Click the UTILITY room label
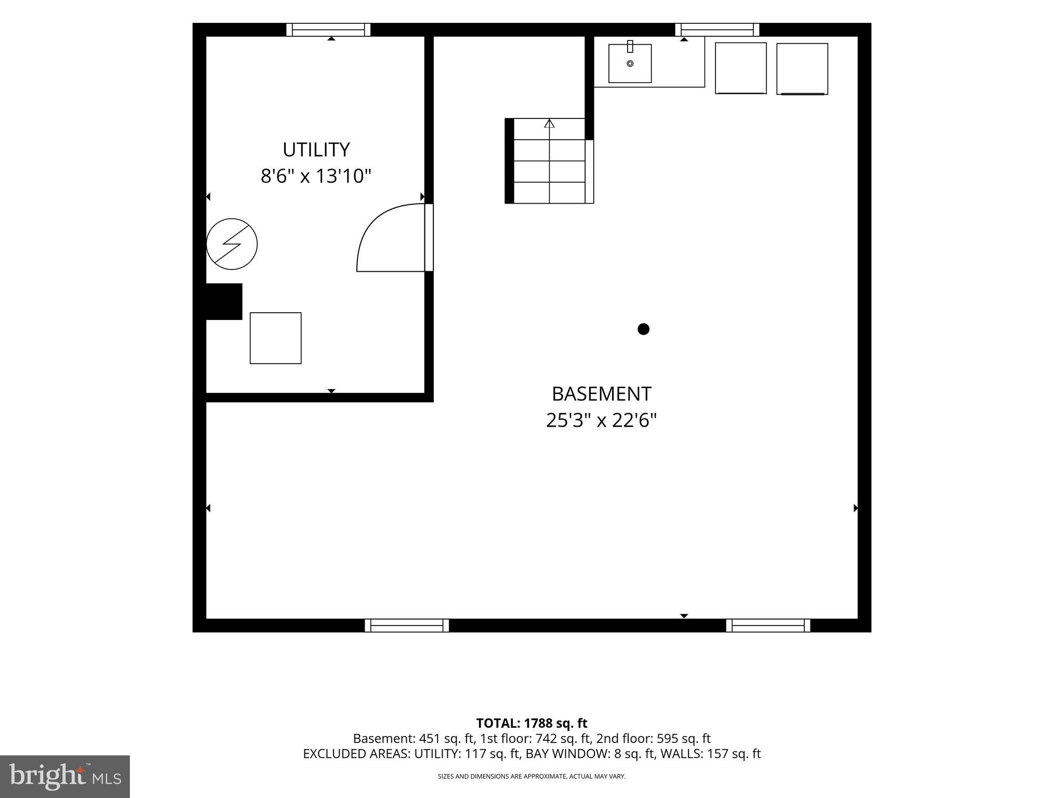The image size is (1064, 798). click(316, 150)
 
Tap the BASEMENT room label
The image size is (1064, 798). click(601, 394)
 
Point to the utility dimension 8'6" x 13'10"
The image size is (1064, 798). click(316, 176)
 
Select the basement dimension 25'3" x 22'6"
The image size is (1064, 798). click(601, 420)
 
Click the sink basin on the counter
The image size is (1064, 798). click(630, 63)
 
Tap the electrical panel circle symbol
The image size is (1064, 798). click(232, 244)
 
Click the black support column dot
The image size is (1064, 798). click(643, 329)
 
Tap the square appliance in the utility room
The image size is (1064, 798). click(275, 338)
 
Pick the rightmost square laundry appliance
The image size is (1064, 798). click(802, 69)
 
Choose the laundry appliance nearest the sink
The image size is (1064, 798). click(741, 68)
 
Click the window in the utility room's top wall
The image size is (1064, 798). click(328, 30)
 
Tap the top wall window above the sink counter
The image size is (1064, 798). click(717, 30)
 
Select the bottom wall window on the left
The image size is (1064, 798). click(407, 626)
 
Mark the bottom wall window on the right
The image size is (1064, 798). click(768, 626)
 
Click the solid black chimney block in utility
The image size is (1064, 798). click(224, 301)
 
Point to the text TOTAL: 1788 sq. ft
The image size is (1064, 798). click(531, 723)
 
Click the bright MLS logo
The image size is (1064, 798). click(65, 776)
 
